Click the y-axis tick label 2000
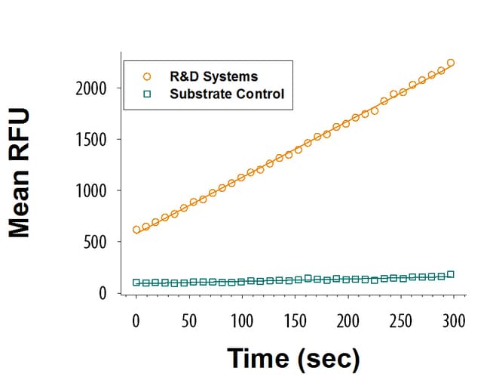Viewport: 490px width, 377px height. (92, 88)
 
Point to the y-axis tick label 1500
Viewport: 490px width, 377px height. (92, 140)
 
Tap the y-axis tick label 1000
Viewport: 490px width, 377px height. (92, 191)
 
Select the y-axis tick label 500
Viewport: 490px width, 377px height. (96, 243)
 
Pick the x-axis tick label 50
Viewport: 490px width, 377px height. (189, 320)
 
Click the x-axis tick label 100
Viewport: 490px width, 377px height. (242, 320)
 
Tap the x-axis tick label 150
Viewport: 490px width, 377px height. (295, 320)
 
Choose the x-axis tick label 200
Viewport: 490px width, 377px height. (348, 320)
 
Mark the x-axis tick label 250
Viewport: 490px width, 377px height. (401, 320)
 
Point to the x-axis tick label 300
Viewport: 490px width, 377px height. (454, 320)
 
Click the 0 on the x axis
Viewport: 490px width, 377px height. (136, 320)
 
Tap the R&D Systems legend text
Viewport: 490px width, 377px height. (213, 76)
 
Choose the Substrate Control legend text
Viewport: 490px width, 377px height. (227, 94)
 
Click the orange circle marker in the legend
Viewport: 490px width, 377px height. (147, 76)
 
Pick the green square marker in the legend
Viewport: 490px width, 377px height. (147, 94)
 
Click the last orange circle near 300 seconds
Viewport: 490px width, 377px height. (450, 63)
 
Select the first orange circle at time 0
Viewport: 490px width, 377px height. (136, 230)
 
